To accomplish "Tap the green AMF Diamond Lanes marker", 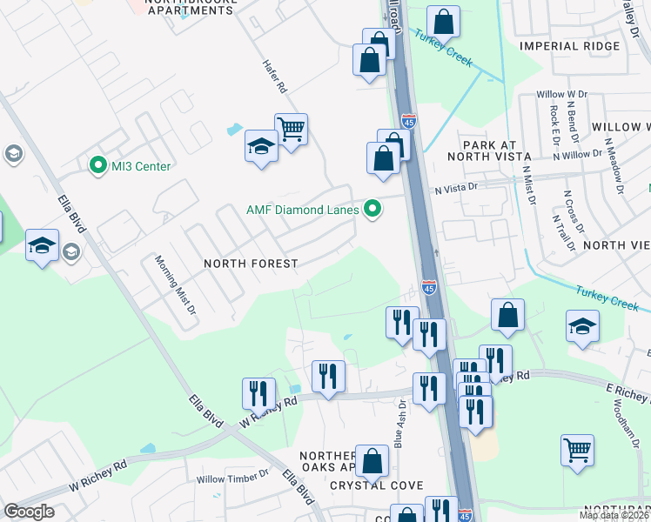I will pos(373,208).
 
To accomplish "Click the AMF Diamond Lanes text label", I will pos(302,209).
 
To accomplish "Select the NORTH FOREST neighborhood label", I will pos(251,264).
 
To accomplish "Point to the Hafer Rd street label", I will pos(275,77).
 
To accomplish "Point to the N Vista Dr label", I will pos(457,187).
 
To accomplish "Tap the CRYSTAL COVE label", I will pos(364,485).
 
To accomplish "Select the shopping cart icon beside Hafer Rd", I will pos(292,130).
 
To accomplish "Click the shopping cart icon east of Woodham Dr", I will pos(577,451).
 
